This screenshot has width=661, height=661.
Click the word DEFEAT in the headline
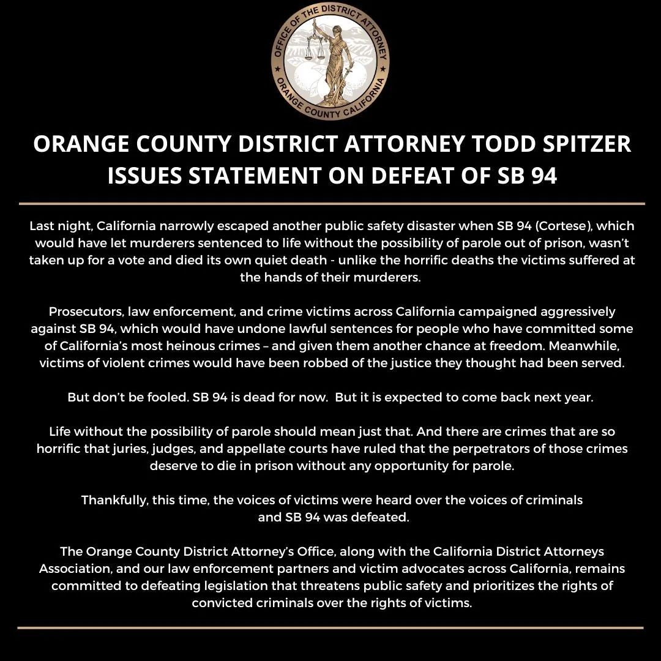point(422,176)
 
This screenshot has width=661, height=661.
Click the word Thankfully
point(113,500)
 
